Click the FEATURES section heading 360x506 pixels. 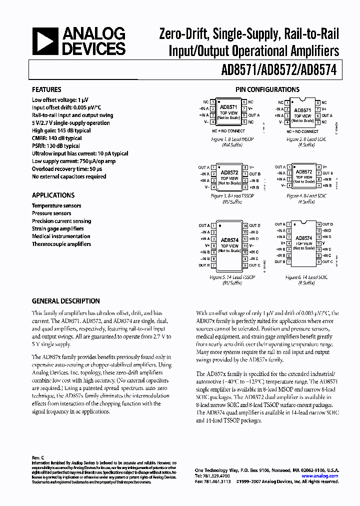[46, 89]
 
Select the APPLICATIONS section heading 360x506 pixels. [53, 195]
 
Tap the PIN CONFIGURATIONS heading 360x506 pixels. [267, 89]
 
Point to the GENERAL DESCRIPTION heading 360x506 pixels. [66, 301]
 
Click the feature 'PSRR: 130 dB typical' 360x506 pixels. [56, 145]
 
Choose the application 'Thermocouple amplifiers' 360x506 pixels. [61, 244]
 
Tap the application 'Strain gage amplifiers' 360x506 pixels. [58, 228]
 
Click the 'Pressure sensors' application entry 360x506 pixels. [51, 213]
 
